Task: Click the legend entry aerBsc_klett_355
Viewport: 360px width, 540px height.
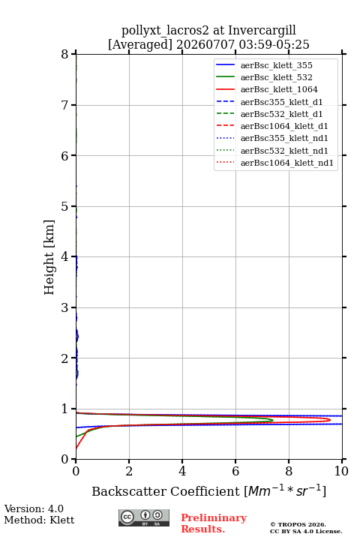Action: [276, 65]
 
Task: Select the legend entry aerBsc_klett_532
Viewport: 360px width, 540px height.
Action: [276, 77]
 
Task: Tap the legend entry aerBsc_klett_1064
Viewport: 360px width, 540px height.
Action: [279, 89]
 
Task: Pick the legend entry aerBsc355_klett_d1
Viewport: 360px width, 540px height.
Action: [281, 102]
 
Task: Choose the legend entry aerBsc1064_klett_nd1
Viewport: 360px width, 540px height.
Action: [287, 163]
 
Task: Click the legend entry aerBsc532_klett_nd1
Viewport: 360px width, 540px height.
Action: [284, 151]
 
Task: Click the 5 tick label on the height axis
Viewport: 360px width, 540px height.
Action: [65, 206]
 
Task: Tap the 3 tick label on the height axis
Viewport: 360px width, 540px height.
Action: [65, 307]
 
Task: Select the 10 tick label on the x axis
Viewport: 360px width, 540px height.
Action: [341, 471]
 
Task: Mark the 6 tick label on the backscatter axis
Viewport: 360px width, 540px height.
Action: [235, 471]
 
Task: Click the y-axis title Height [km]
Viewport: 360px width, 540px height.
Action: [49, 257]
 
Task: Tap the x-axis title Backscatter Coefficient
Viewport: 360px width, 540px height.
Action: [165, 491]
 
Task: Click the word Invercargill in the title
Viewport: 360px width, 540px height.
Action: [262, 31]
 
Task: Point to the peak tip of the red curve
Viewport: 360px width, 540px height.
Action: [330, 420]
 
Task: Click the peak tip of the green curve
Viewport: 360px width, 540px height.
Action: [273, 420]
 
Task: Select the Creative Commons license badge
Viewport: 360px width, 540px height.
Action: [144, 517]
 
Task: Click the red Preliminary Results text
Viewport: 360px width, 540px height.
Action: [214, 523]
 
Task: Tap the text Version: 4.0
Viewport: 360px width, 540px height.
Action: [34, 508]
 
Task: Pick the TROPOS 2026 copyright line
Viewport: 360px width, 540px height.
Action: [298, 524]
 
